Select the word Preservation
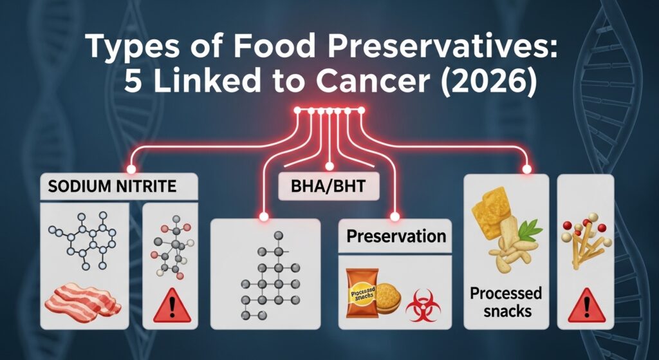point(396,236)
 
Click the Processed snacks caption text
point(506,301)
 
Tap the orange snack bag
point(362,294)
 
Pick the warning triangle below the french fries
point(585,305)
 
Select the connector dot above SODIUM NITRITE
point(131,169)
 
